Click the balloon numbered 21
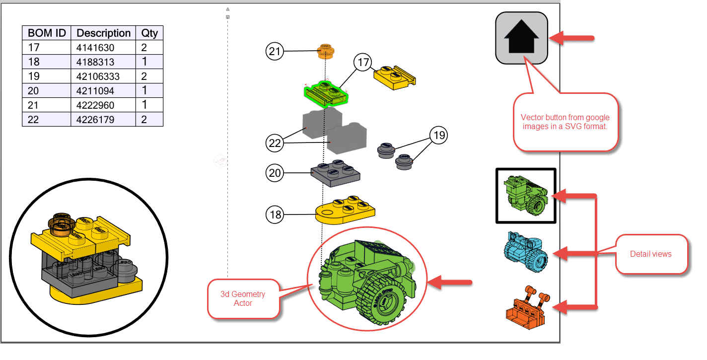(x=275, y=51)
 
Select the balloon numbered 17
(x=363, y=62)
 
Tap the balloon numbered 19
(x=439, y=135)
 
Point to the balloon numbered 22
(x=275, y=143)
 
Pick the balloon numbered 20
(x=275, y=173)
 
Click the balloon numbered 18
(x=275, y=215)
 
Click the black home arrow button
(x=521, y=38)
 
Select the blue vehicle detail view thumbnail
(x=526, y=251)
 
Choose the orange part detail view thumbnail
(x=528, y=307)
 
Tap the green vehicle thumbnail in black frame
(x=526, y=196)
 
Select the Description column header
(x=103, y=33)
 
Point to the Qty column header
(x=149, y=33)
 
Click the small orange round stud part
(x=326, y=51)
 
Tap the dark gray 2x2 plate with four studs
(x=336, y=173)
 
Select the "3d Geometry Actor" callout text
(x=243, y=298)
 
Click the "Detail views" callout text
(x=651, y=254)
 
